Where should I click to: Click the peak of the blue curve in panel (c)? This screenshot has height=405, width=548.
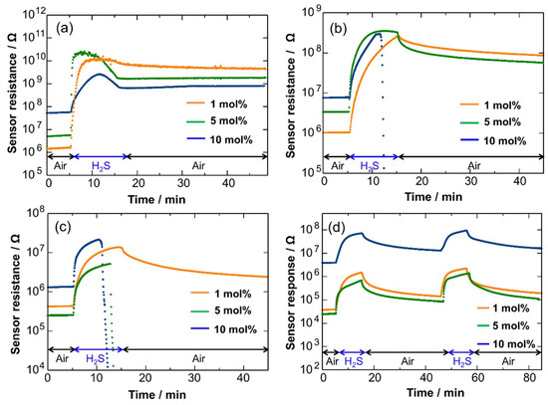click(99, 239)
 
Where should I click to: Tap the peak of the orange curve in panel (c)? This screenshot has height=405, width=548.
click(120, 247)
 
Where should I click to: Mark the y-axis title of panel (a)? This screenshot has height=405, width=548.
click(8, 90)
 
